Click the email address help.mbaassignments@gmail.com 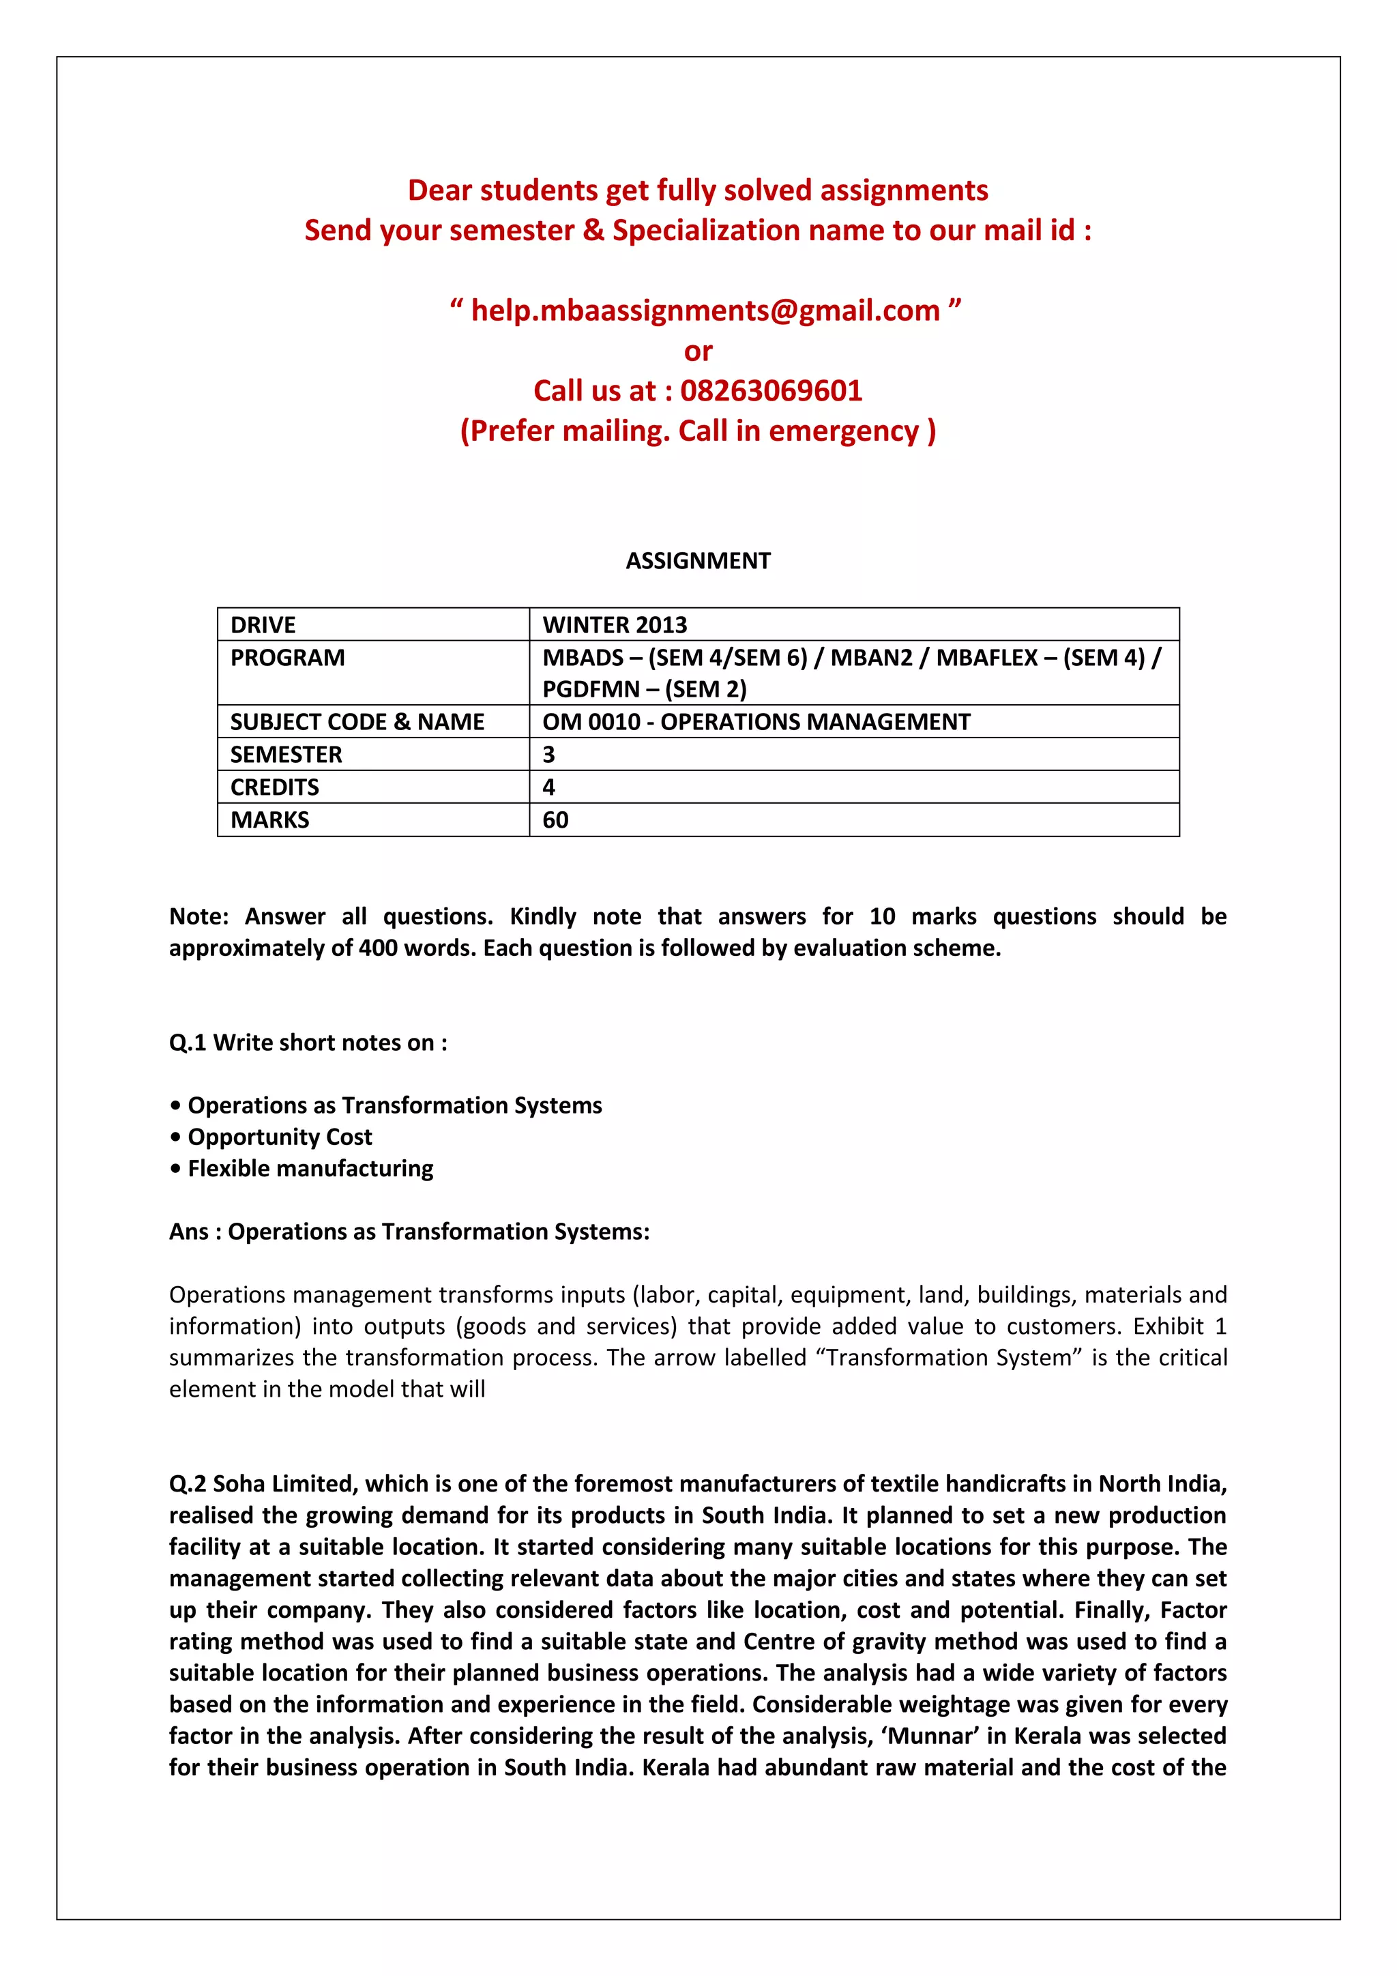coord(705,310)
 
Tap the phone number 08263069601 coord(771,391)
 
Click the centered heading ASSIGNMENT coord(698,561)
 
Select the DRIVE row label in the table coord(263,625)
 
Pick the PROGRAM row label coord(287,658)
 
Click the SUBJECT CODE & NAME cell coord(357,722)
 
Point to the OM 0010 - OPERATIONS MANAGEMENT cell coord(756,722)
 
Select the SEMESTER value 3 coord(549,755)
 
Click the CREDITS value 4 coord(549,787)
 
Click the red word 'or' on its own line coord(698,351)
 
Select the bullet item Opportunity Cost coord(280,1137)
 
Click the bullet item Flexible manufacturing coord(310,1169)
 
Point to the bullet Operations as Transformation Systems coord(395,1105)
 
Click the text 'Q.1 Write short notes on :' coord(308,1043)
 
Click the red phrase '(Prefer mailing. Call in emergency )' coord(698,431)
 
